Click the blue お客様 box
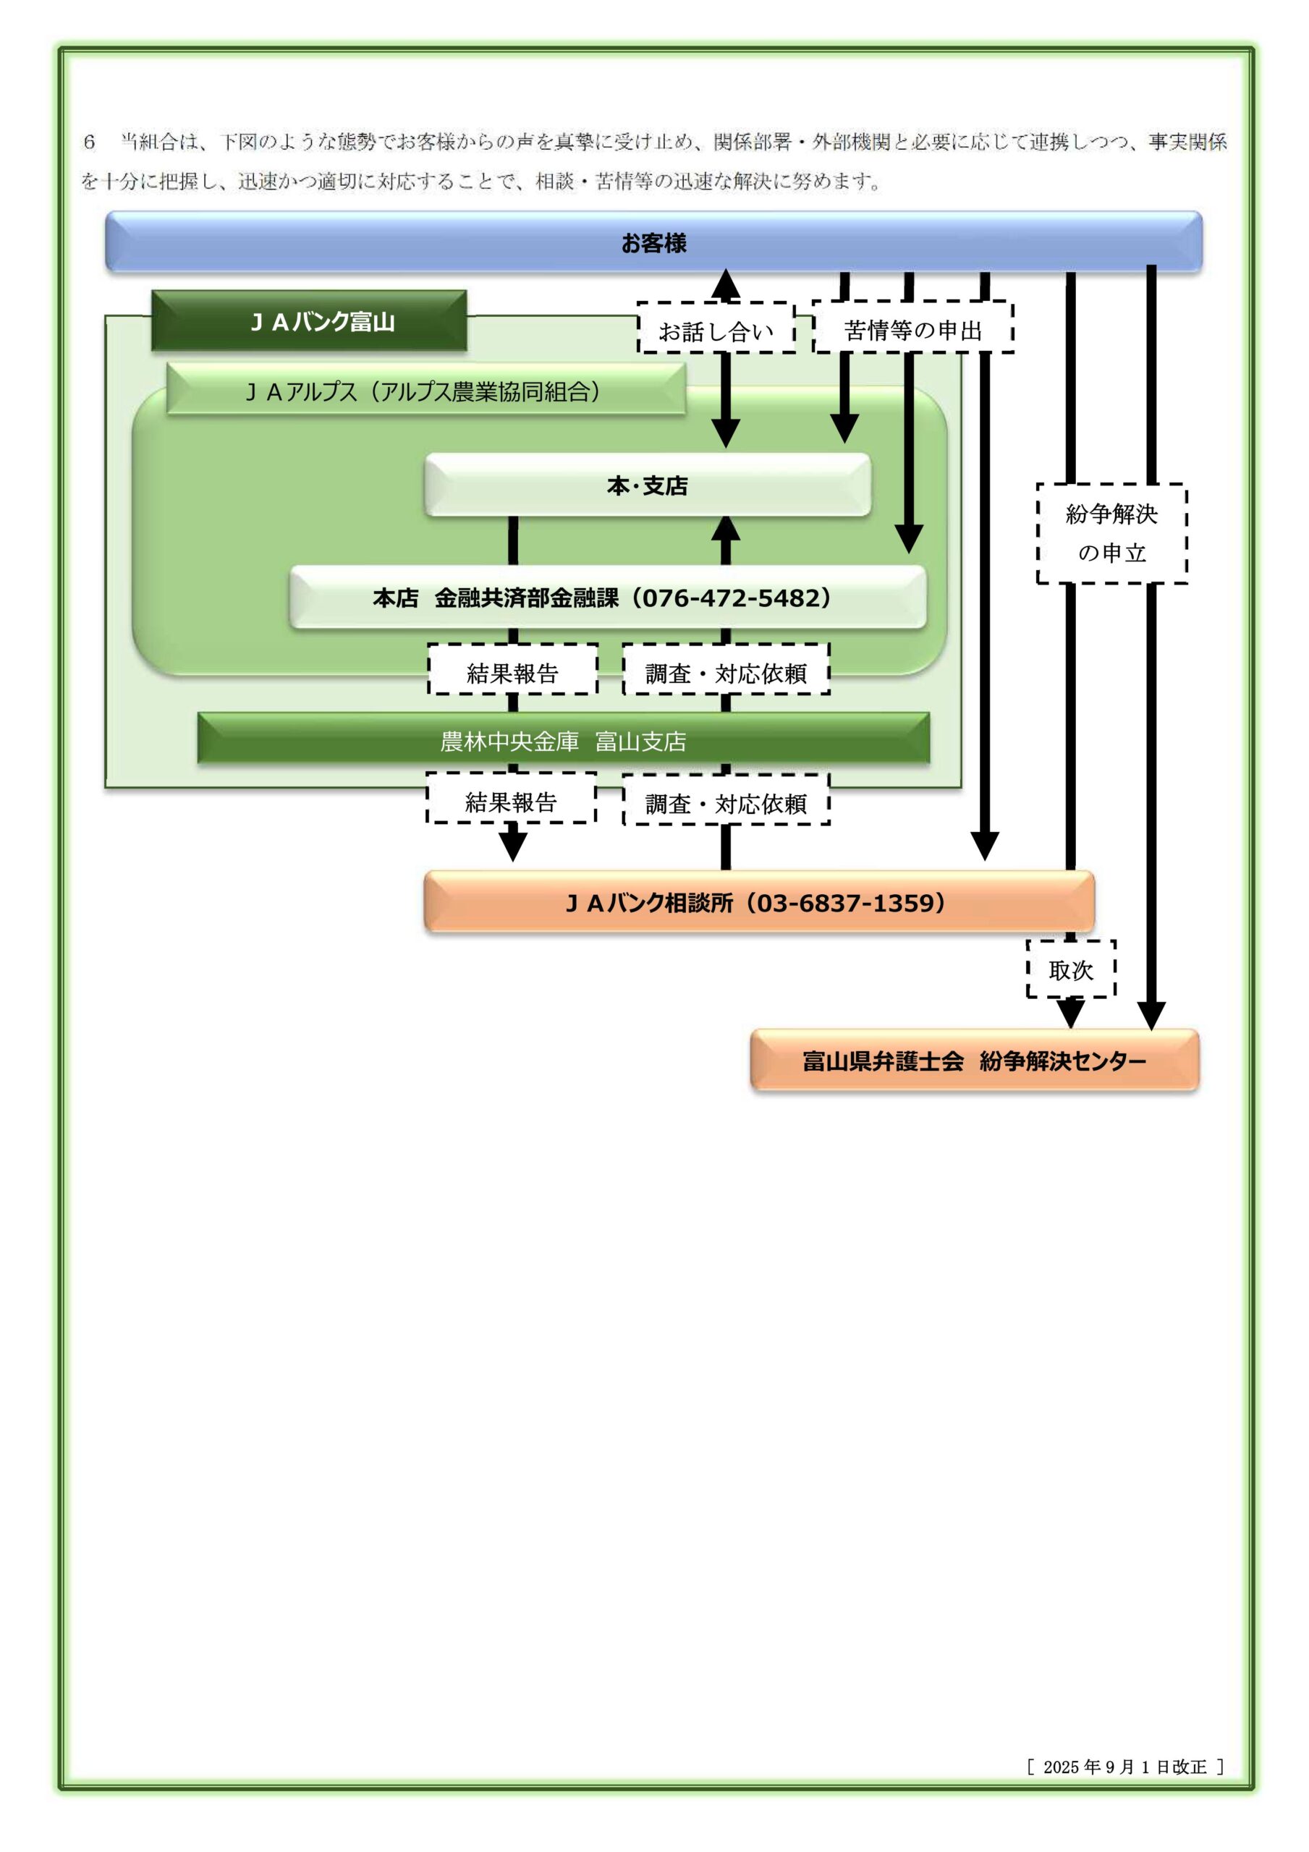point(653,242)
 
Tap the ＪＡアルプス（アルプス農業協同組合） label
point(425,391)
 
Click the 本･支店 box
point(647,485)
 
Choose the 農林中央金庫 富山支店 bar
point(562,741)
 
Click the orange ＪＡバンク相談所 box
point(758,902)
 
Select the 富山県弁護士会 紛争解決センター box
point(974,1061)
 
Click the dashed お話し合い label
point(716,330)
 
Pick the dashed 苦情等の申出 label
point(912,329)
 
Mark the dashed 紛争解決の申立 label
point(1111,533)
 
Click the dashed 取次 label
point(1070,969)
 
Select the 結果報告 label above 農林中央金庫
point(512,672)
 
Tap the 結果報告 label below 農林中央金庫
point(511,801)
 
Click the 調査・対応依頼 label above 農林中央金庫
point(726,672)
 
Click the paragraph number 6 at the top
point(90,142)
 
